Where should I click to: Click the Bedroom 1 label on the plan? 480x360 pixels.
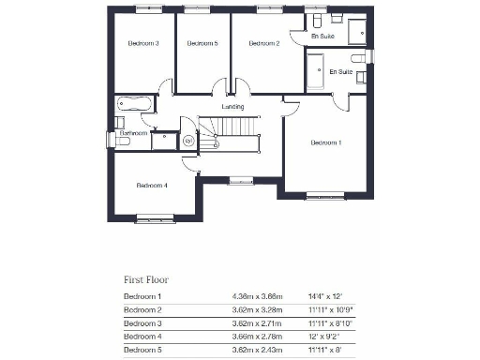tap(326, 142)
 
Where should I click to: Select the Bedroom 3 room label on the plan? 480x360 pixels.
tap(143, 43)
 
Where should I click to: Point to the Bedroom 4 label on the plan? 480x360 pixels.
tap(152, 186)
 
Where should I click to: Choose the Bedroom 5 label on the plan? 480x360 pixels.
tap(202, 43)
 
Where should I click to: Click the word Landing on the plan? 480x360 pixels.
tap(232, 107)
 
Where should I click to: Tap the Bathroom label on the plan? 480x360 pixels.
tap(133, 134)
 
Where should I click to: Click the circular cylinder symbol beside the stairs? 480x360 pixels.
tap(187, 142)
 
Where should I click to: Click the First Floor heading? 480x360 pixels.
tap(146, 279)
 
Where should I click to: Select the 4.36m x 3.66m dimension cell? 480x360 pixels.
tap(258, 296)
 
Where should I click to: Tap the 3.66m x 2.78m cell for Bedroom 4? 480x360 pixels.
tap(258, 336)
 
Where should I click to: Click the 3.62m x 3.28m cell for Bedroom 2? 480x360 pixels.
tap(258, 309)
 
